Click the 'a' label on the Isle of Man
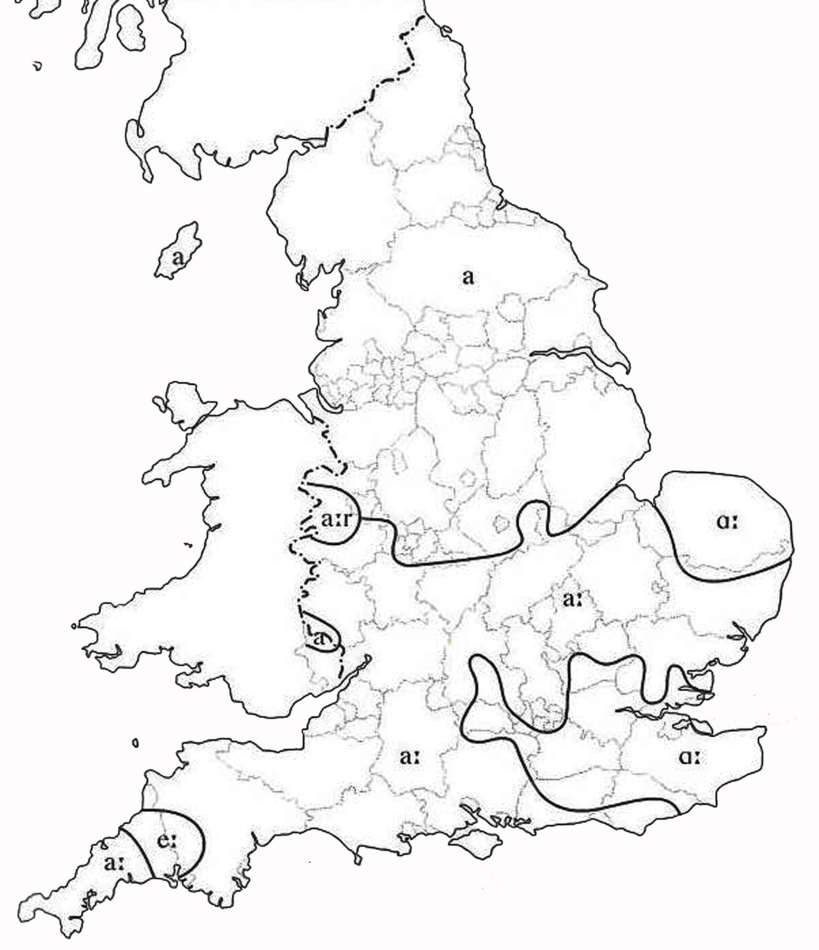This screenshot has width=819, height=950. click(x=178, y=258)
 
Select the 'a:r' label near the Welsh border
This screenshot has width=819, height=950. click(x=336, y=521)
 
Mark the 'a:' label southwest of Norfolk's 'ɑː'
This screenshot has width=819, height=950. click(x=572, y=600)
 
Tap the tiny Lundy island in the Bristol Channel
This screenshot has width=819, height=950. click(x=136, y=742)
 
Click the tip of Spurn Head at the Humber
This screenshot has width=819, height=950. click(x=628, y=371)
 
